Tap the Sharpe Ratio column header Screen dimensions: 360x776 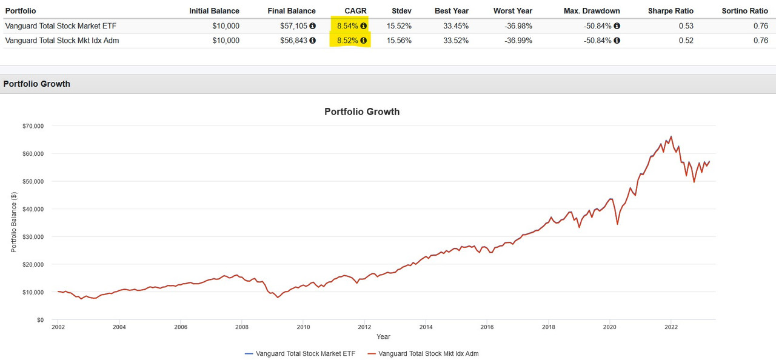point(671,11)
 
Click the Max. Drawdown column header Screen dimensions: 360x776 point(592,11)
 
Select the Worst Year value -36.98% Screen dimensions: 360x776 point(517,26)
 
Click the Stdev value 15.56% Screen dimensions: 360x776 point(398,41)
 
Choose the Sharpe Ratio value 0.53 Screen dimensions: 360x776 point(686,26)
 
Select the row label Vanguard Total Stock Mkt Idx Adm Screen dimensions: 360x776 point(62,41)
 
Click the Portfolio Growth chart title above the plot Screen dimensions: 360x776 point(362,112)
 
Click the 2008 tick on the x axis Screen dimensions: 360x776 point(241,327)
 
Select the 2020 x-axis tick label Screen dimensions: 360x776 point(609,327)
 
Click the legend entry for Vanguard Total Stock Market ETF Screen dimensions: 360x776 point(306,353)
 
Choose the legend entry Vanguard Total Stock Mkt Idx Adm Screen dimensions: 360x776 point(428,353)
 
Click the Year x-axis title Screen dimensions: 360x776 point(383,337)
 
